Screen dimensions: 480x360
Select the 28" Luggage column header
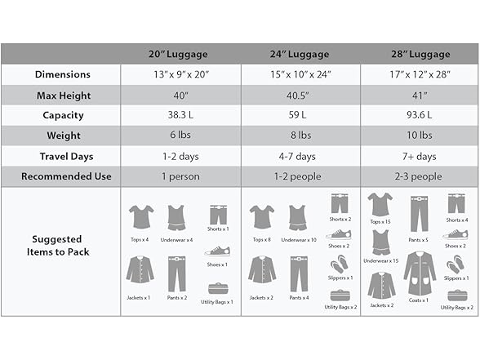tap(420, 54)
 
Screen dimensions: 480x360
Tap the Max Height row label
tap(62, 95)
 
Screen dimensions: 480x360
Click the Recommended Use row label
tap(62, 176)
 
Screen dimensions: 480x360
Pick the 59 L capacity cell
tap(300, 115)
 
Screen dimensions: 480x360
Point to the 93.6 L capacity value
tap(420, 115)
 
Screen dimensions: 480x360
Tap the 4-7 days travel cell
tap(300, 156)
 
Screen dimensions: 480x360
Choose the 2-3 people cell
tap(420, 176)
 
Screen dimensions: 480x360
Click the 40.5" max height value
tap(300, 95)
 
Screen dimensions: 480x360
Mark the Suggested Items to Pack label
tap(62, 246)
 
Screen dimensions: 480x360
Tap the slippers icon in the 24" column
tap(339, 264)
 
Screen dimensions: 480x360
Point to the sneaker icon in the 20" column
tap(218, 251)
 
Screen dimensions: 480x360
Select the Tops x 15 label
tap(380, 222)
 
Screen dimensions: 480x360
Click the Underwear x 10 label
tap(298, 239)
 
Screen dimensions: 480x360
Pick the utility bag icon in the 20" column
tap(217, 288)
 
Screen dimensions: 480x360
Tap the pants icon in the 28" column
tap(419, 213)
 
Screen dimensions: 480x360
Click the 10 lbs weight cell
tap(420, 136)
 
